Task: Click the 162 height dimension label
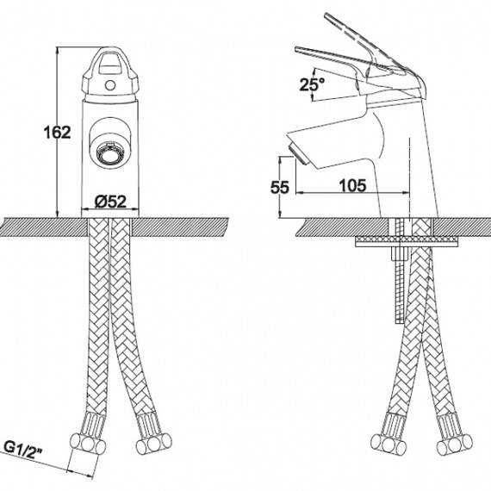[57, 132]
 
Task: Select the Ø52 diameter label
[110, 202]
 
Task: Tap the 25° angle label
[312, 84]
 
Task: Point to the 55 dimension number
[280, 188]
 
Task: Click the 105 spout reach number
[352, 185]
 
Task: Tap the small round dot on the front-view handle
[110, 85]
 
